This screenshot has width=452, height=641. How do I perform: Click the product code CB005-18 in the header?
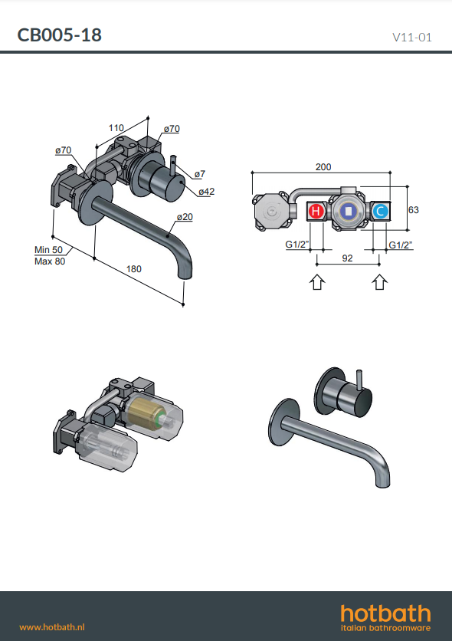click(59, 35)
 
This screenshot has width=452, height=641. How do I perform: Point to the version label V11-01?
click(411, 38)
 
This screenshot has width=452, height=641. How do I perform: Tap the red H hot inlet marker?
click(316, 212)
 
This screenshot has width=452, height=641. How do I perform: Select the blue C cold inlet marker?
click(380, 212)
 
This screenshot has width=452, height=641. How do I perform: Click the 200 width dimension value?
click(323, 167)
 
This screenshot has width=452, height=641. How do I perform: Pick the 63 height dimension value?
click(413, 210)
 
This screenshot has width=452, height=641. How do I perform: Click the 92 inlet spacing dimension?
click(347, 258)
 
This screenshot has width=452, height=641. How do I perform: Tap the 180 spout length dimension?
click(133, 269)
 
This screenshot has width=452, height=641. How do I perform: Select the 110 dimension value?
click(116, 128)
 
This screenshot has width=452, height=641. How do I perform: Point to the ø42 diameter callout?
click(207, 192)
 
